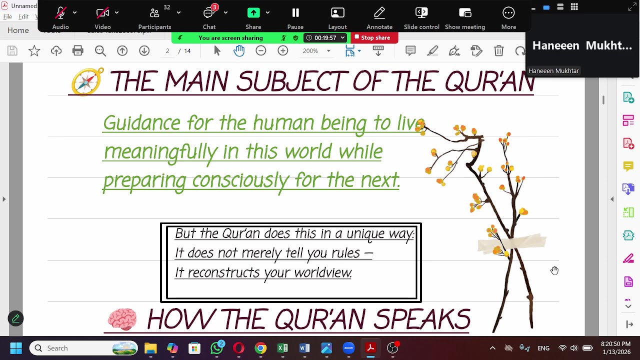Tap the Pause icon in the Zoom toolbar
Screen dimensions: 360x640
tap(295, 13)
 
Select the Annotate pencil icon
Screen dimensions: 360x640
tap(379, 13)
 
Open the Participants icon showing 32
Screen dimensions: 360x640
tap(154, 13)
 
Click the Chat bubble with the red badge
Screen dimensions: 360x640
tap(209, 13)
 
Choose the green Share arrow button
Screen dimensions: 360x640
tap(253, 13)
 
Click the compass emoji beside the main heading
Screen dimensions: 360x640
tap(87, 81)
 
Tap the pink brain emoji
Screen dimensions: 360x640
tap(122, 319)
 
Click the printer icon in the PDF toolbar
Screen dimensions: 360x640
tap(77, 50)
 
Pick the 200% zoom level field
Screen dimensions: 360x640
tap(310, 50)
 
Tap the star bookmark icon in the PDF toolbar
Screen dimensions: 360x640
tap(34, 50)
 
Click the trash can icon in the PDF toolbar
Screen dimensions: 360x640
tap(498, 50)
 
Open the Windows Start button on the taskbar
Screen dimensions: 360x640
tap(15, 348)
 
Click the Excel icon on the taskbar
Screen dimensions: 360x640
tap(282, 348)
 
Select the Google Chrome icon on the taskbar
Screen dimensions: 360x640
tap(260, 348)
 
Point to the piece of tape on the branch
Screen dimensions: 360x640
tap(511, 243)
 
